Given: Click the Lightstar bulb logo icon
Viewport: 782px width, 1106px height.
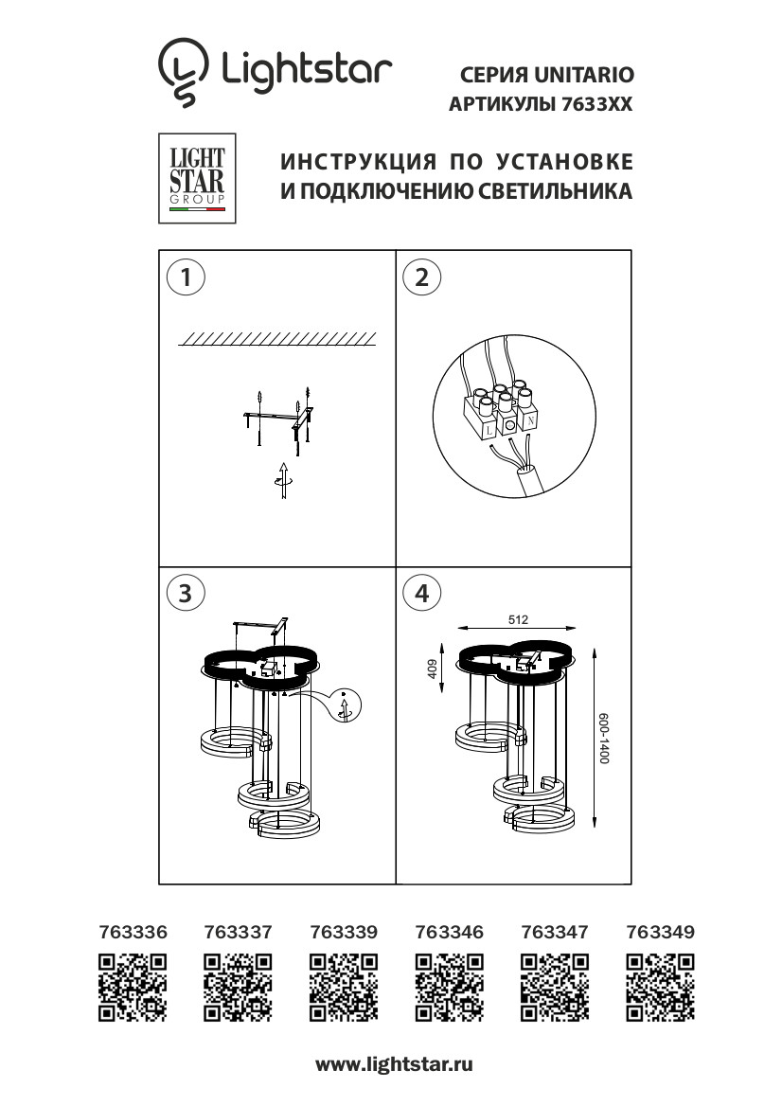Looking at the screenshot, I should tap(183, 71).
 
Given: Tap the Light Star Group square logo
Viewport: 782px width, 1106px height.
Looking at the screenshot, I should tap(197, 178).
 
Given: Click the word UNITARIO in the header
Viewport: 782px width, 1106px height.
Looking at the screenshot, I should tap(583, 73).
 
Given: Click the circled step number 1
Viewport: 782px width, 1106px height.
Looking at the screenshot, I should tap(186, 277).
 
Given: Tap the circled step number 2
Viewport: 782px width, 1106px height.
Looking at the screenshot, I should tap(422, 277).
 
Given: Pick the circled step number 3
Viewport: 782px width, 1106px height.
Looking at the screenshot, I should tap(186, 593).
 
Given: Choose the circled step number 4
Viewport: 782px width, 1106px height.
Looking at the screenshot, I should tap(422, 593).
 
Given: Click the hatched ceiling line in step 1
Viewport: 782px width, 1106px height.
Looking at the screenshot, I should tap(277, 340).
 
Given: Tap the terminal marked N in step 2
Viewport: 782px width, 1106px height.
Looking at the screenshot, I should tap(532, 418).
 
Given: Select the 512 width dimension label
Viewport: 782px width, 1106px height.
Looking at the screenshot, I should tap(517, 619).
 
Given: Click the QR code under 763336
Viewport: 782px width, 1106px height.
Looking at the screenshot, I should tap(133, 989).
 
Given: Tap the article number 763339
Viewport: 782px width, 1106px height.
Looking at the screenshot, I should tap(344, 932).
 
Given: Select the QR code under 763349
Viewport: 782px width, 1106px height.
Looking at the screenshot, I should tap(660, 989).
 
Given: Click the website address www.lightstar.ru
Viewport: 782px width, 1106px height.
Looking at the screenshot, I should tap(394, 1064).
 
